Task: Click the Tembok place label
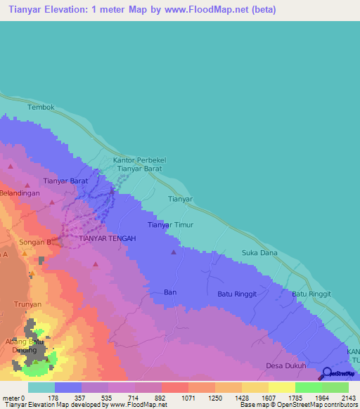(x=41, y=107)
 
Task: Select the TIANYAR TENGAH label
(x=107, y=239)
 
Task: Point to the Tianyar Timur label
(x=169, y=225)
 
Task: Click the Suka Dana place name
(x=259, y=252)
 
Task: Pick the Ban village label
(x=169, y=291)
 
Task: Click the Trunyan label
(x=28, y=305)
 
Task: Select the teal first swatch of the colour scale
(x=41, y=387)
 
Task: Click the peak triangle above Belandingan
(x=11, y=167)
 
